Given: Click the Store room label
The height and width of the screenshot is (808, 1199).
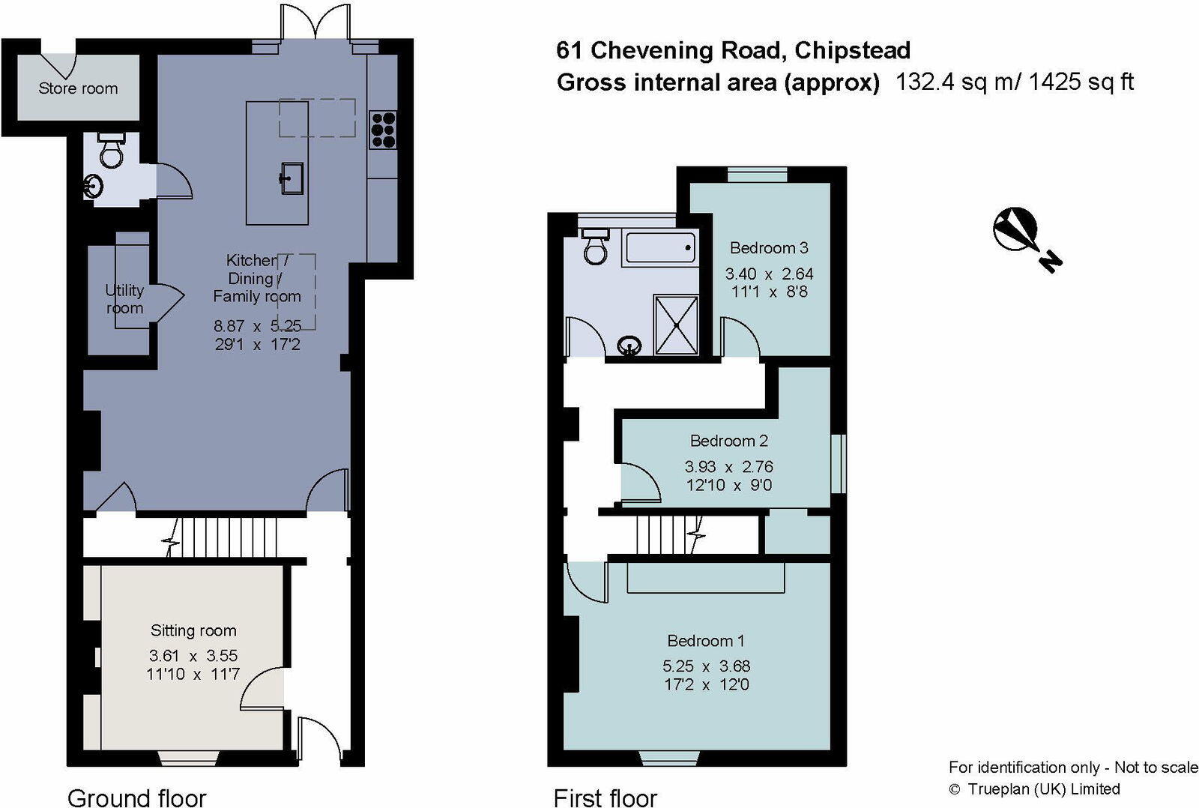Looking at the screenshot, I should pyautogui.click(x=78, y=88).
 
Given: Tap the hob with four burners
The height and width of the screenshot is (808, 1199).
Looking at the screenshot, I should pyautogui.click(x=383, y=130).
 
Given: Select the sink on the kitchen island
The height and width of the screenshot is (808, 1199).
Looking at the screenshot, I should pyautogui.click(x=292, y=178).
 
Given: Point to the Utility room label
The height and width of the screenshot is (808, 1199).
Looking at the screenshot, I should pyautogui.click(x=124, y=299).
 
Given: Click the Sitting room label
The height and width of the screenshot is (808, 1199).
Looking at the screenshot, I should pyautogui.click(x=193, y=630).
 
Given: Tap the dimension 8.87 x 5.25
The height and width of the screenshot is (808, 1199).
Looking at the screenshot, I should pyautogui.click(x=257, y=326).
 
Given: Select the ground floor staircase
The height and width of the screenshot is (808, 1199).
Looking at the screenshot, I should pyautogui.click(x=228, y=537).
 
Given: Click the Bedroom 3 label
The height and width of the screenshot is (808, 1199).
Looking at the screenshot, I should pyautogui.click(x=769, y=248).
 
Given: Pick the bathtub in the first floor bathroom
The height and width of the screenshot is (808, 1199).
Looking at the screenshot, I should pyautogui.click(x=660, y=247).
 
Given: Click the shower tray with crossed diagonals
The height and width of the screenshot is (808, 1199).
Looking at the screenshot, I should pyautogui.click(x=676, y=325).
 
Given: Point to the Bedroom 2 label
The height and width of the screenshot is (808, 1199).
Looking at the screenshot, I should pyautogui.click(x=728, y=441).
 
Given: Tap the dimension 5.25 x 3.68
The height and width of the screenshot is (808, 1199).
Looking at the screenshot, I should pyautogui.click(x=706, y=666).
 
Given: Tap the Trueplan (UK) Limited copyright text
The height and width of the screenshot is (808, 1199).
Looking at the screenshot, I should pyautogui.click(x=1043, y=789).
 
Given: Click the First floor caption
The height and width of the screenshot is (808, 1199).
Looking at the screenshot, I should pyautogui.click(x=605, y=798).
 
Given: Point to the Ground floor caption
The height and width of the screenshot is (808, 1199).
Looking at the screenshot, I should pyautogui.click(x=136, y=798).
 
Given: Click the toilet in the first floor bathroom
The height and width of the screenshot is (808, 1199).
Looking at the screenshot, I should pyautogui.click(x=596, y=247).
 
